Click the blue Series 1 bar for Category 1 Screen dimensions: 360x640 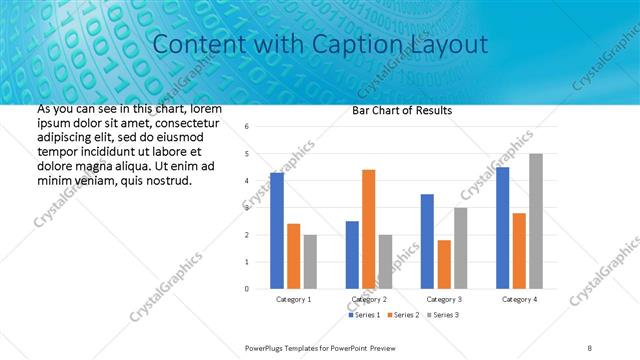[x=277, y=231]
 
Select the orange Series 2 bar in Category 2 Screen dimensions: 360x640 [x=368, y=229]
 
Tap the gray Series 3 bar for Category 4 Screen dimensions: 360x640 [x=536, y=221]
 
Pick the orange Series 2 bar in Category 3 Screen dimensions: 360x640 [x=444, y=264]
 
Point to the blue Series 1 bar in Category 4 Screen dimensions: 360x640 [x=502, y=228]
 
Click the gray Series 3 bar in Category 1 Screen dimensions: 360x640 [x=310, y=261]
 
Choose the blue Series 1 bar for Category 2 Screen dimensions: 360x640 [x=352, y=255]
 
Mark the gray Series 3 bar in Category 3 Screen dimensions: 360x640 [x=460, y=248]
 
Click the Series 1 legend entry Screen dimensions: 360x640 [x=364, y=315]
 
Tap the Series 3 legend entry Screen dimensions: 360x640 [x=441, y=315]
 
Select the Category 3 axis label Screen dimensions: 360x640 [x=444, y=299]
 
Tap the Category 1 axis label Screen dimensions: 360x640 [x=293, y=299]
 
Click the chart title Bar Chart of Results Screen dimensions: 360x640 [x=402, y=110]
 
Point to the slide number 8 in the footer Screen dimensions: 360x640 [x=590, y=346]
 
